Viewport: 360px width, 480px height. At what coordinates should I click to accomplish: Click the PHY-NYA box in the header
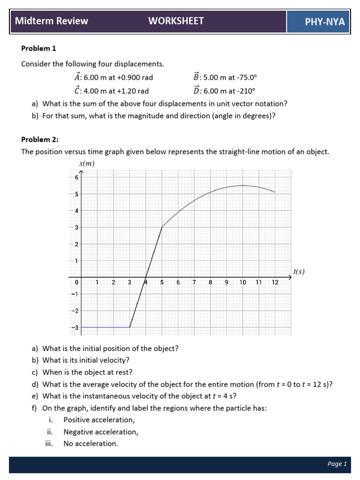[318, 22]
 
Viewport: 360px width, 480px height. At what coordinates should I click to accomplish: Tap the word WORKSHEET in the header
[176, 21]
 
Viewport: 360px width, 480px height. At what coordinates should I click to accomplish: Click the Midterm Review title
[52, 21]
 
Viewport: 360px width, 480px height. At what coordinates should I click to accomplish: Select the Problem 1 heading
[39, 48]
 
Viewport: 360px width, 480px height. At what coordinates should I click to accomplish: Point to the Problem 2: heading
[40, 140]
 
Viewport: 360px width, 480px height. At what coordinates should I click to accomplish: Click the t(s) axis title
[299, 271]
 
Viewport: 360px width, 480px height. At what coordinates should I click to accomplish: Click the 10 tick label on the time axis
[242, 283]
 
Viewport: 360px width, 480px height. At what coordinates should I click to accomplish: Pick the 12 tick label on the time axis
[275, 283]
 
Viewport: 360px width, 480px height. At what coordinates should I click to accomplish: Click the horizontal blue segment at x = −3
[105, 327]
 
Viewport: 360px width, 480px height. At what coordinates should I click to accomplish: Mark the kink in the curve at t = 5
[162, 227]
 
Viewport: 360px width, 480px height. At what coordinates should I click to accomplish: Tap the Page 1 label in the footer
[337, 464]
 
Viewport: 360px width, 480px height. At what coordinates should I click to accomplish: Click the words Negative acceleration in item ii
[101, 432]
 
